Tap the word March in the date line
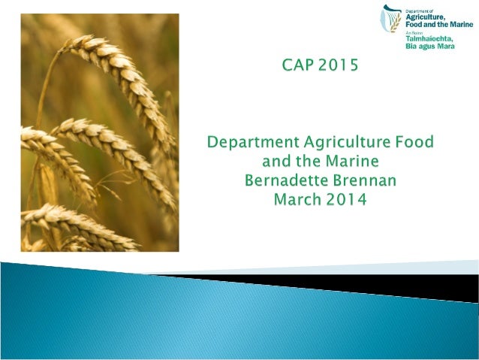pos(299,201)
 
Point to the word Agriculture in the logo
pos(429,17)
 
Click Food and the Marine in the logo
pos(439,24)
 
